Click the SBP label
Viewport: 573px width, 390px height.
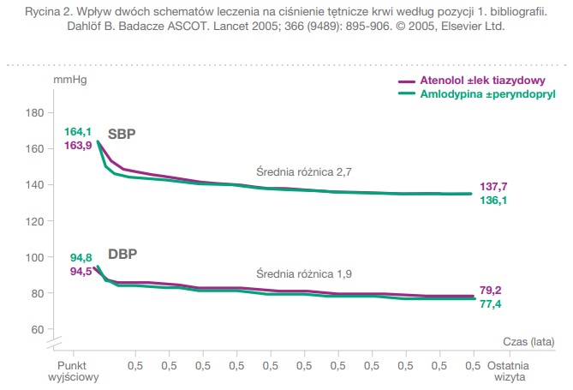click(122, 134)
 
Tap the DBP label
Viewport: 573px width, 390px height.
click(122, 255)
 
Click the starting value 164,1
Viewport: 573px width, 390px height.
click(78, 132)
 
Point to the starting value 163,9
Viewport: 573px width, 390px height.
click(78, 145)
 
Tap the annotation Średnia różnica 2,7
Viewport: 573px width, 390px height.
click(305, 172)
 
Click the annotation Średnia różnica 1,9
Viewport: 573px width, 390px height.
click(305, 274)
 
